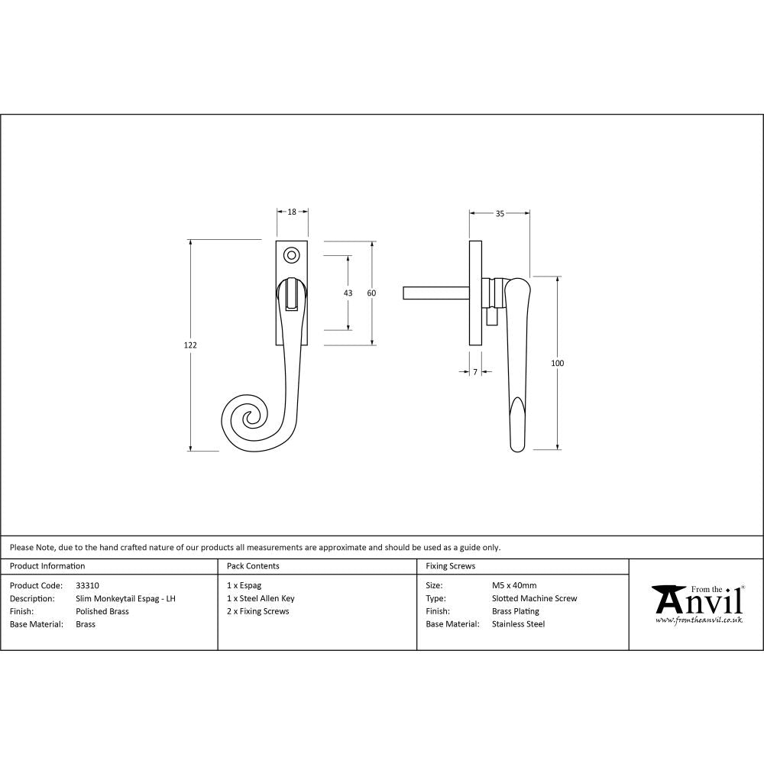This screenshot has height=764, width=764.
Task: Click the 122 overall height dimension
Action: click(190, 345)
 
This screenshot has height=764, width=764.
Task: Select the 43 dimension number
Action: click(348, 293)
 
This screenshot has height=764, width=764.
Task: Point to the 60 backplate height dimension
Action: click(372, 293)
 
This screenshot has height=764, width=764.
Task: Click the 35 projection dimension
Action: click(500, 214)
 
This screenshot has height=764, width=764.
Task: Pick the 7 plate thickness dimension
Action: click(475, 372)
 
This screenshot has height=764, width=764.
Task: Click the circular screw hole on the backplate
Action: click(291, 254)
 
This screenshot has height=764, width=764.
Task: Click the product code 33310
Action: click(88, 586)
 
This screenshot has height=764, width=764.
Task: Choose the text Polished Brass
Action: click(102, 611)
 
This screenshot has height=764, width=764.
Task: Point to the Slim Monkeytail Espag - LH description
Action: click(125, 599)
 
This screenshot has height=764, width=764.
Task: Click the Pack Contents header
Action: click(253, 566)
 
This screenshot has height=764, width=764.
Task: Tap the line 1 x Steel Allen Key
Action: click(261, 599)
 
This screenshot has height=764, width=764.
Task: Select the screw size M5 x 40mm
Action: click(514, 586)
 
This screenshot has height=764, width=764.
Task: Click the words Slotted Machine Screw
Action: click(534, 599)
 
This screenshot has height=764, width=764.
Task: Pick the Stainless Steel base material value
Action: click(518, 624)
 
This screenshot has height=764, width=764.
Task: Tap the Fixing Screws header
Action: click(450, 566)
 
